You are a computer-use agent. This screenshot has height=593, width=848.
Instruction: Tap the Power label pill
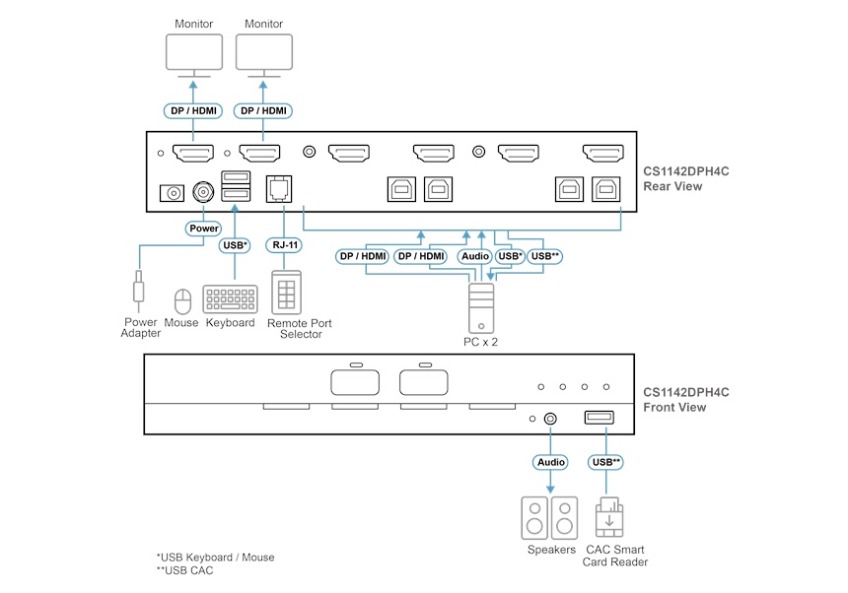click(203, 228)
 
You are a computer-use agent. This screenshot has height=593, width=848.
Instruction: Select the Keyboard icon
click(230, 299)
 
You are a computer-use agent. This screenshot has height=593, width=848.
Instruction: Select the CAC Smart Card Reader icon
click(609, 516)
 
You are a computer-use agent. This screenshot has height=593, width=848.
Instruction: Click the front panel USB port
click(600, 418)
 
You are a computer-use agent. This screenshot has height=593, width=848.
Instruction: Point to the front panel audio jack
click(550, 418)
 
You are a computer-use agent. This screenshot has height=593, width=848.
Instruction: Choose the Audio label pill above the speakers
click(550, 461)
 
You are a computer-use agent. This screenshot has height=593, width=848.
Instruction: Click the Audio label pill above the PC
click(474, 256)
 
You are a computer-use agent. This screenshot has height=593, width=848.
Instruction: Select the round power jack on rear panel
click(204, 190)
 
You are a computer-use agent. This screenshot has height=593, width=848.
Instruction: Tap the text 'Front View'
click(674, 407)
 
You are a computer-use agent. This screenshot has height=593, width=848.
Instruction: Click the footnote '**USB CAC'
click(184, 570)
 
